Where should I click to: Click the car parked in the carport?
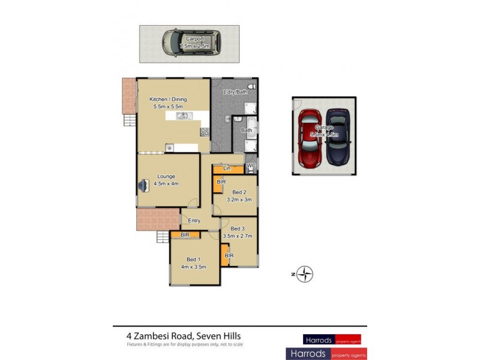tap(191, 44)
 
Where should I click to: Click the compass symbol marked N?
tap(306, 275)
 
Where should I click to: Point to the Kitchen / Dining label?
tap(167, 98)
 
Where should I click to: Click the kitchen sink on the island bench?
tap(180, 115)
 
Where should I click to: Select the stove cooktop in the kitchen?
tap(205, 131)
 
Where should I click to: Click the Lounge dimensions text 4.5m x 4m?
tap(167, 184)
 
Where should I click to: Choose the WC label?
tap(251, 165)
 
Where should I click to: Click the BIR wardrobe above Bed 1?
tap(185, 235)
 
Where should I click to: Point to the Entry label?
tap(194, 221)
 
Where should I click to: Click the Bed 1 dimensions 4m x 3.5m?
tap(194, 266)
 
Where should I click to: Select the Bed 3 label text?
tap(238, 229)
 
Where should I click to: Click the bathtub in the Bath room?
tap(252, 130)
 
